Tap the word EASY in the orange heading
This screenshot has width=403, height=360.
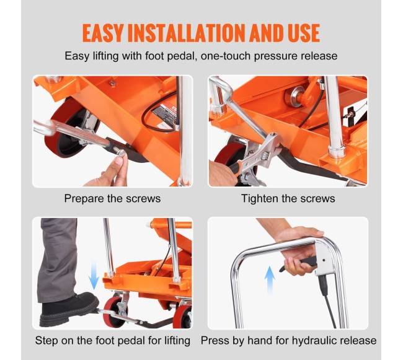(103, 33)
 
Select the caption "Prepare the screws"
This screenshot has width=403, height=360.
(112, 198)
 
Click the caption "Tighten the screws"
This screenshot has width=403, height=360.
(288, 198)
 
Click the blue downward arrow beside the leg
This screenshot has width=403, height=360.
(93, 276)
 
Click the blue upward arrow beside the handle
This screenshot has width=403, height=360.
(270, 280)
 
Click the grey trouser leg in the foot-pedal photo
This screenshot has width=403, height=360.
(57, 260)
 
